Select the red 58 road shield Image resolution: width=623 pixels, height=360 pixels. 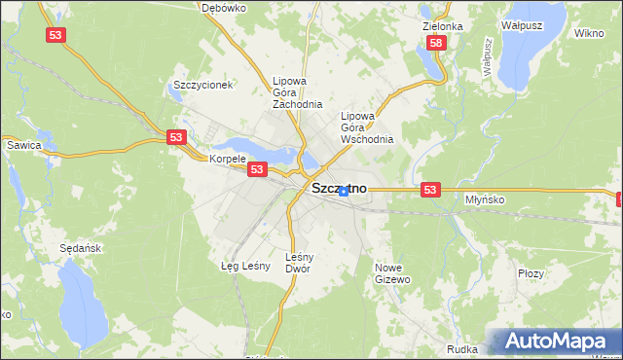point(436,43)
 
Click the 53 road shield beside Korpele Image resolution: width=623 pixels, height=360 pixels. point(256,169)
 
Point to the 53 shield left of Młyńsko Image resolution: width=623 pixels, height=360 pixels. point(432,191)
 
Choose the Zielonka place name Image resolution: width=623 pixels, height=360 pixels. point(443,26)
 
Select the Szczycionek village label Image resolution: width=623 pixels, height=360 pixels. point(202,85)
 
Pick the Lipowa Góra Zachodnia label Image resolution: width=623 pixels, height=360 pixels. point(297,92)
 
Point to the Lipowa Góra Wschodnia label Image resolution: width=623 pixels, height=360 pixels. point(367,127)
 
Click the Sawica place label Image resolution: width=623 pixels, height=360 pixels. point(23,145)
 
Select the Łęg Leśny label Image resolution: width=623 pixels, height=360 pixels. point(245,265)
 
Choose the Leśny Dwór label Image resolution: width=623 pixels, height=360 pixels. point(298,263)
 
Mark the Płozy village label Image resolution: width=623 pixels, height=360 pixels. point(531,274)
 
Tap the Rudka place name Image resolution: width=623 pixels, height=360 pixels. point(461,348)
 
